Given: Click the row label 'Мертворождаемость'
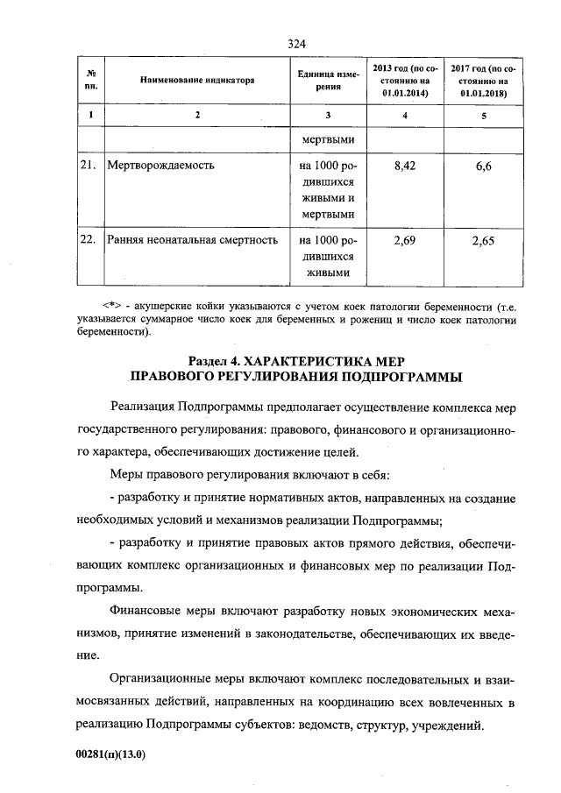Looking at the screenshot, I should point(160,165).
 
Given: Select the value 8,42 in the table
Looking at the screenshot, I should point(404,165).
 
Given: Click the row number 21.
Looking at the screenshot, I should point(89,165).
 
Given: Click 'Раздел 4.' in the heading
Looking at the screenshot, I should point(213,362).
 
